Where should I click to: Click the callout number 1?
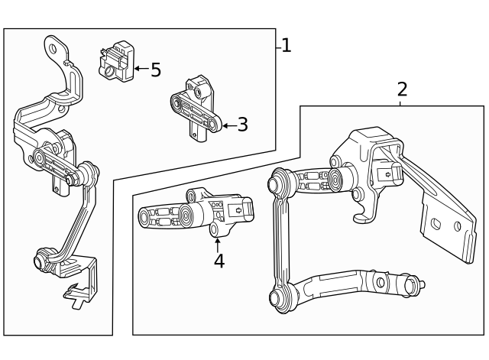(286, 46)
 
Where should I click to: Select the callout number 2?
(402, 89)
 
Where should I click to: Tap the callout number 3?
(243, 125)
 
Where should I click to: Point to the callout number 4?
(219, 261)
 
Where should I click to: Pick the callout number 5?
(156, 70)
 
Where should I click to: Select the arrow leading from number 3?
(228, 125)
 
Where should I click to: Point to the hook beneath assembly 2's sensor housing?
(359, 214)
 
